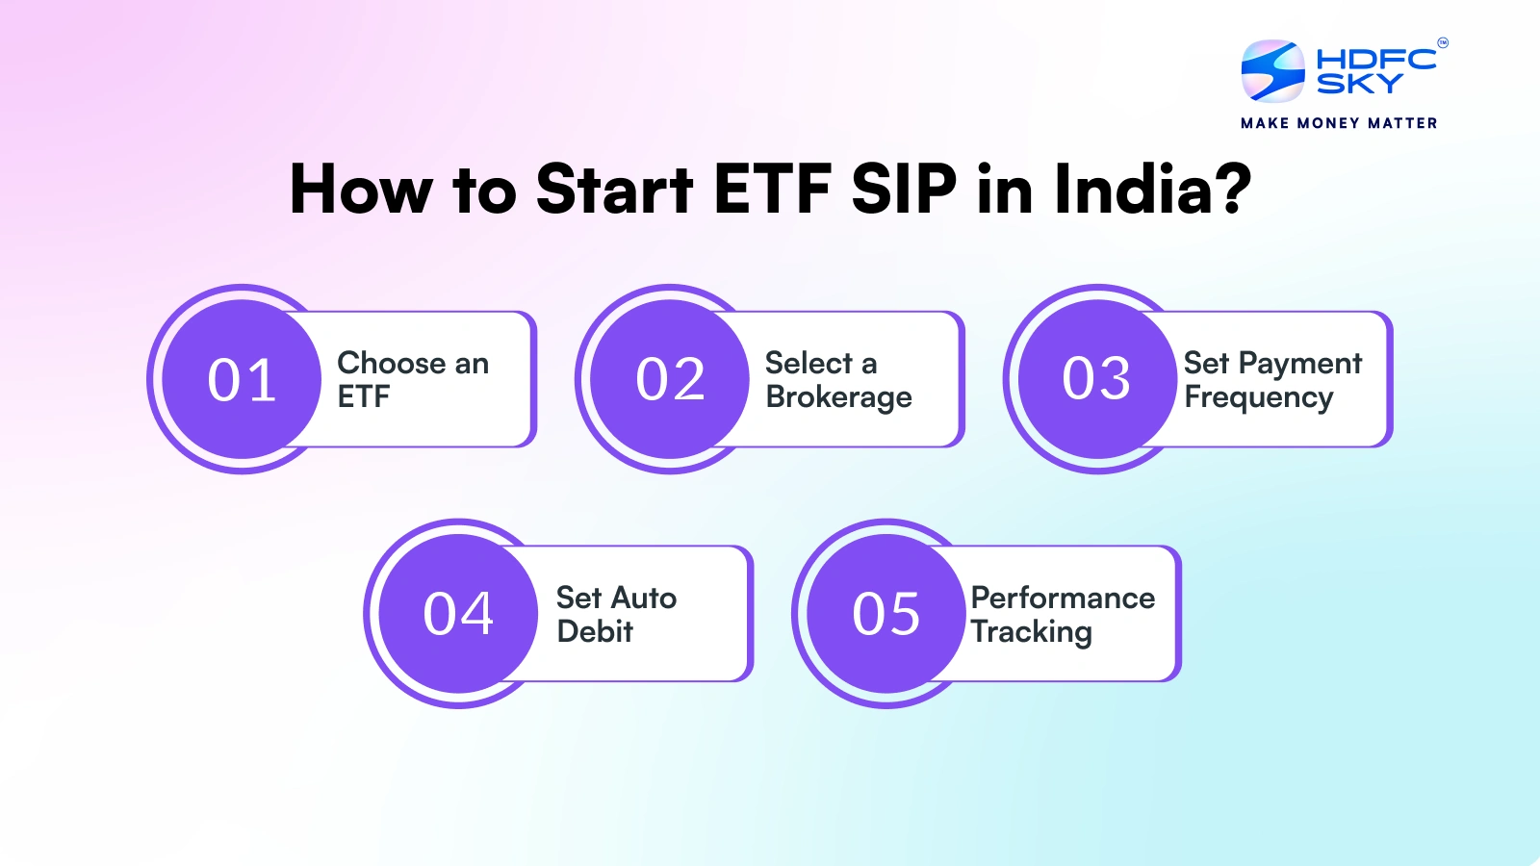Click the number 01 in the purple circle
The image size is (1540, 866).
(x=242, y=379)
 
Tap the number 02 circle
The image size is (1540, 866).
(x=670, y=379)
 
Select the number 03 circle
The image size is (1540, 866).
(x=1097, y=379)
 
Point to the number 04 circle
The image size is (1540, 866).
(x=458, y=613)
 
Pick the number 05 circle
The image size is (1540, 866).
(x=886, y=613)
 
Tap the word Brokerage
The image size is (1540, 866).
(x=838, y=397)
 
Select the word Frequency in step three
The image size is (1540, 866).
(x=1259, y=397)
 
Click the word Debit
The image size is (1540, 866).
(x=595, y=631)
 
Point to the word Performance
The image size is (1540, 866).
(x=1063, y=598)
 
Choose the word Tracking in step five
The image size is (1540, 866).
(x=1031, y=631)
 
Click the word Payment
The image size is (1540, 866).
(x=1300, y=364)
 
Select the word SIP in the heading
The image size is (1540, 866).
(x=904, y=189)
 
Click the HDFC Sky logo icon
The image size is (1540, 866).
(x=1272, y=71)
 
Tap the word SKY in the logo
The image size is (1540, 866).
(x=1360, y=83)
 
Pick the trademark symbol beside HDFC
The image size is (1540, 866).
(x=1443, y=42)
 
